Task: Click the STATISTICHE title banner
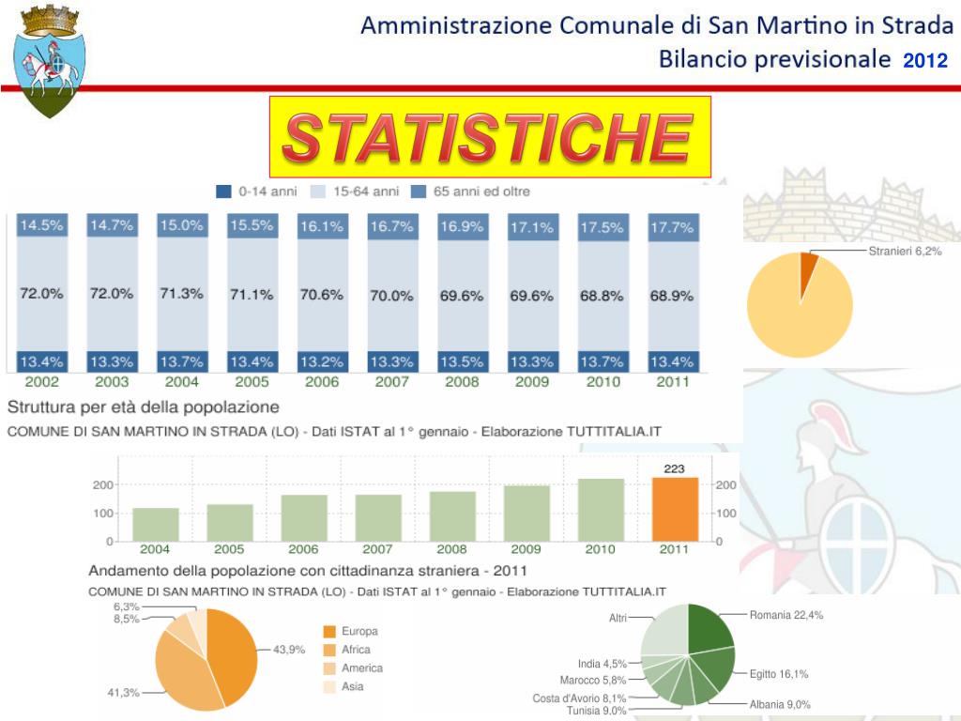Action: point(489,137)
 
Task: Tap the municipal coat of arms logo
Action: point(49,62)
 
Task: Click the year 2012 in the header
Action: point(925,62)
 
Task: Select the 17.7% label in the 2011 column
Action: point(672,227)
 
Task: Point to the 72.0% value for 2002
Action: point(42,294)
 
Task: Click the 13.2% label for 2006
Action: point(321,361)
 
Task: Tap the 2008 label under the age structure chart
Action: point(461,382)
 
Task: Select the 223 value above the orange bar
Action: point(674,468)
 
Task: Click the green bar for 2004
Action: point(156,524)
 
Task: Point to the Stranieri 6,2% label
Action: point(905,252)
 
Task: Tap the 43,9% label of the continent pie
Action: point(289,650)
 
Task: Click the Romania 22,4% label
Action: point(786,616)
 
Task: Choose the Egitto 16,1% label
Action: point(779,674)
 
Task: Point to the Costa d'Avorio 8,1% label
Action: point(579,698)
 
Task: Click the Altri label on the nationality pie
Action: point(618,618)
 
